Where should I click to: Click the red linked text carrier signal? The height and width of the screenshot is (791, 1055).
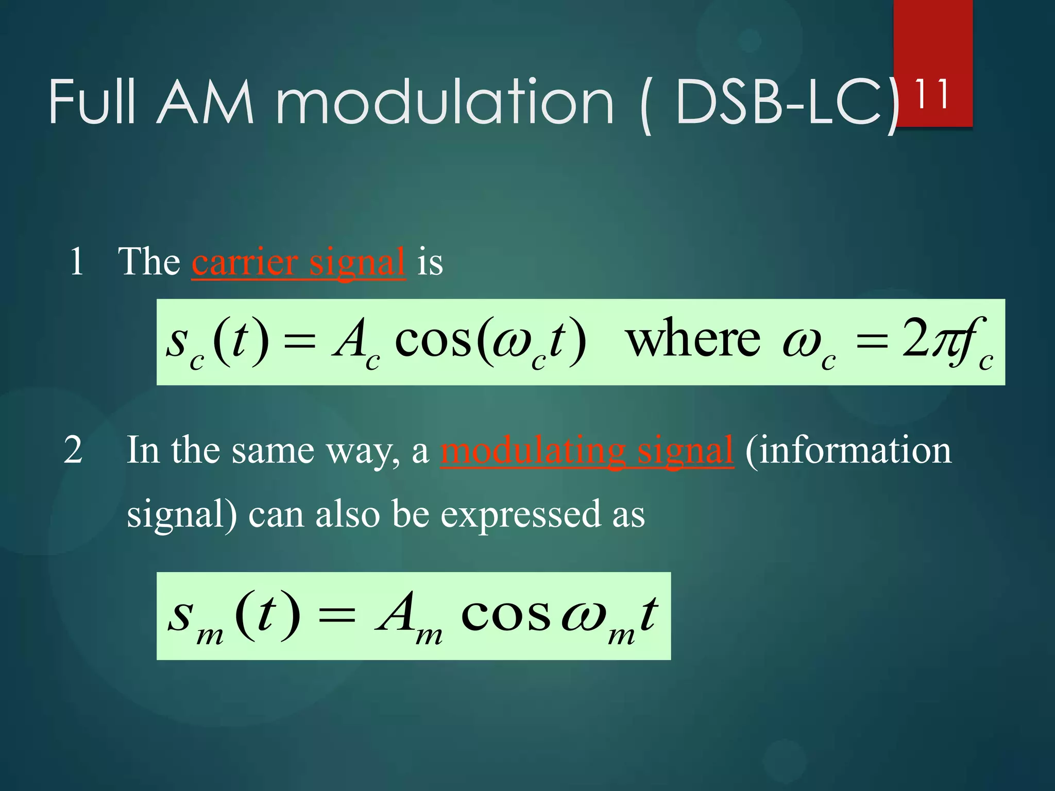point(298,262)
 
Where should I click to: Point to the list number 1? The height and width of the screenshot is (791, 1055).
point(76,262)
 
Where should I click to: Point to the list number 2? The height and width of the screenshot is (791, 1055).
point(73,450)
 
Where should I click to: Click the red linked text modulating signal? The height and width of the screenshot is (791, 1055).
point(587,450)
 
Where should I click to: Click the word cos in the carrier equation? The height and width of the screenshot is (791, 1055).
point(433,340)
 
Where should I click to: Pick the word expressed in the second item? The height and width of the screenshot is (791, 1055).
point(520,514)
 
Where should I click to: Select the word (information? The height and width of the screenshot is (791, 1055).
point(848,450)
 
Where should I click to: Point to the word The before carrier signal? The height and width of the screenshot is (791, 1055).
point(149,262)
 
